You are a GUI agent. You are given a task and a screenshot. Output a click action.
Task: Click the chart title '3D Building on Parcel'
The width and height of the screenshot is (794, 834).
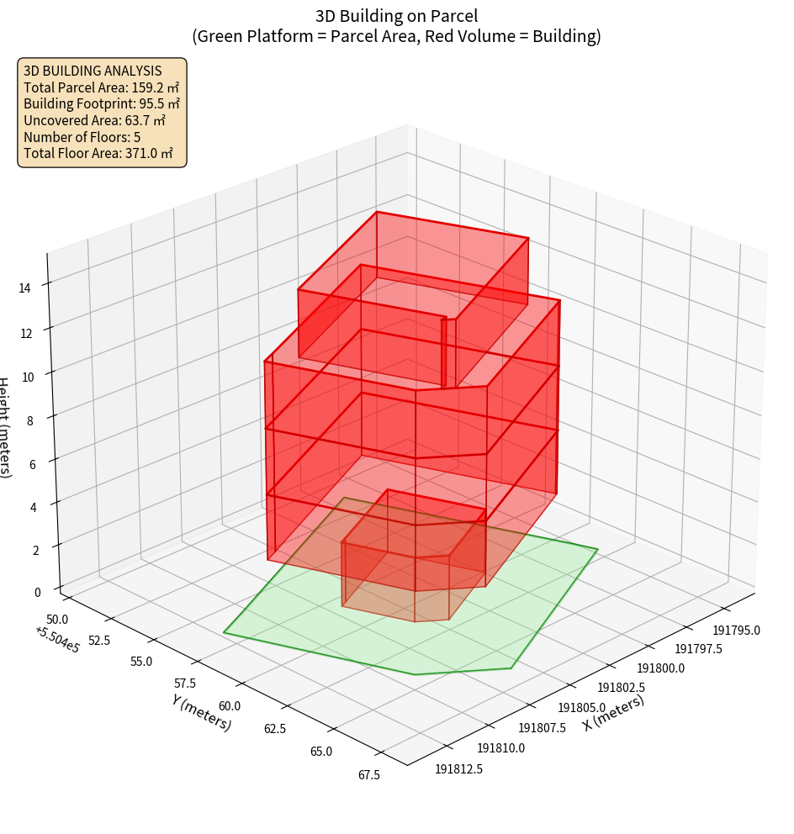click(x=396, y=15)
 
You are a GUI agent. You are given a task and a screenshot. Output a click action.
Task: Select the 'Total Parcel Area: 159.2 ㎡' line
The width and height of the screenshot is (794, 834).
click(x=101, y=87)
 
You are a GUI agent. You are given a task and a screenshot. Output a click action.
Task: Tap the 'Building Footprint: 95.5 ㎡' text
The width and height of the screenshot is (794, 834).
click(x=102, y=104)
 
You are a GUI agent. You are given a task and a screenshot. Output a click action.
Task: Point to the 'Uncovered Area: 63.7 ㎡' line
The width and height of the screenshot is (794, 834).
click(x=94, y=121)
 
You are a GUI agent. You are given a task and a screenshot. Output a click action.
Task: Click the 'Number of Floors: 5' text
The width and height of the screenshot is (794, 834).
click(x=82, y=137)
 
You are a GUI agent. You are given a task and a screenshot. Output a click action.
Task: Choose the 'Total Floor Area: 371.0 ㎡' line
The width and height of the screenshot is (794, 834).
click(x=98, y=154)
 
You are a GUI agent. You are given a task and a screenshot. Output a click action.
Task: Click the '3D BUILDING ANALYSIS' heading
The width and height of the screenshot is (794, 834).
click(x=93, y=71)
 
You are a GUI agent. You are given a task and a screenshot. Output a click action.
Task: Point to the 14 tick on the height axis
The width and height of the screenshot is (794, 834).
click(x=25, y=288)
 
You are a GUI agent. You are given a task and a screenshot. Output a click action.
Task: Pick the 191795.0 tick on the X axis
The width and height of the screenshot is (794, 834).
click(x=737, y=631)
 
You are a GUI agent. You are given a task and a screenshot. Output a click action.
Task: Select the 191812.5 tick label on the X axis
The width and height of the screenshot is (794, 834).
click(x=459, y=768)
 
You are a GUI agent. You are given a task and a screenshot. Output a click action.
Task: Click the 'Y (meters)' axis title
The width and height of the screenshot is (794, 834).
click(x=201, y=712)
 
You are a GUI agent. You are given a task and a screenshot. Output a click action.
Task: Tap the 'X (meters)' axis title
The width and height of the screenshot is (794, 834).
click(x=613, y=713)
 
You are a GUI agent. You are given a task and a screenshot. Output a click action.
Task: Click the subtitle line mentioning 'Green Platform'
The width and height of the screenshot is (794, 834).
click(x=396, y=36)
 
